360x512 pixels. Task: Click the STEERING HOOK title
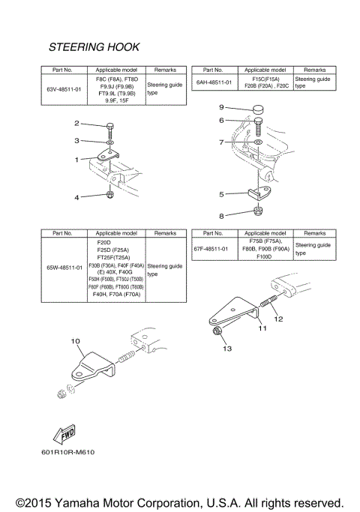pos(94,47)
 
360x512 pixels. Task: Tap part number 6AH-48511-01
pos(214,82)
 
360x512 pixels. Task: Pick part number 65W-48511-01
pos(64,266)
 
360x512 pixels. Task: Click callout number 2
pos(76,123)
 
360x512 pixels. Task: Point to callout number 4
pos(76,197)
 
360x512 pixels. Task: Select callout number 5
pos(221,194)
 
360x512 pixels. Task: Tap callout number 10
pos(75,341)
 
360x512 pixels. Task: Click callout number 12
pos(278,319)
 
